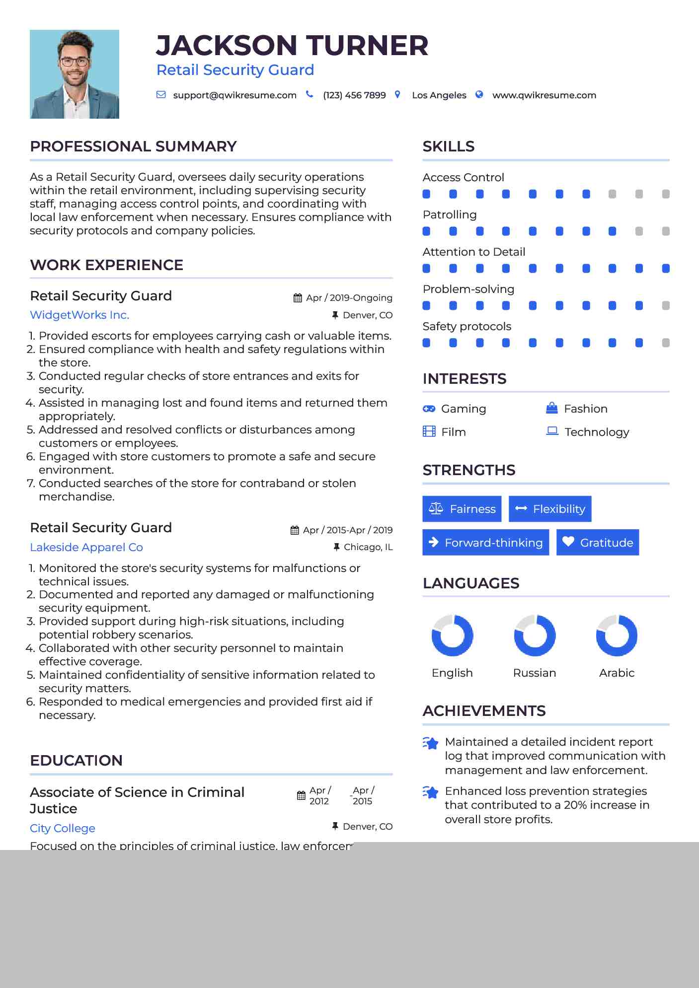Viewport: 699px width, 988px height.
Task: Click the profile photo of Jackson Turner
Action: coord(75,74)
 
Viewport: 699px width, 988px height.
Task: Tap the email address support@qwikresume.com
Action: coord(234,95)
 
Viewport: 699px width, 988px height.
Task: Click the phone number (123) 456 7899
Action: coord(354,95)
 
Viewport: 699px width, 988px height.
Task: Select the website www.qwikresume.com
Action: coord(544,95)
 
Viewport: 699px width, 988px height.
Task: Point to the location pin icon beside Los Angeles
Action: coord(397,94)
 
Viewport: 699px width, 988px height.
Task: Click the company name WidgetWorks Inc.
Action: coord(79,315)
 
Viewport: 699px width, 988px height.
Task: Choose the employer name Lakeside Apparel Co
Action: coord(86,547)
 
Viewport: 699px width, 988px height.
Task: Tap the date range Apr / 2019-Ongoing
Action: coord(349,298)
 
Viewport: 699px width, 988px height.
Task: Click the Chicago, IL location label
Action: coord(368,547)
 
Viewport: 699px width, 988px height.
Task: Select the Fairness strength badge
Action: coord(462,509)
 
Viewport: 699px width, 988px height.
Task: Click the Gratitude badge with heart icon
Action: coord(597,543)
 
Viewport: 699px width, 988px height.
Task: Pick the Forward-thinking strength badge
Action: coord(485,543)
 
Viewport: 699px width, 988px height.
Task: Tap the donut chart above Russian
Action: coord(535,635)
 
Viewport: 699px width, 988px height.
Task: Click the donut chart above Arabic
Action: coord(617,635)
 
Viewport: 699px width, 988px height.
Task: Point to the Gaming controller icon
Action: coord(429,409)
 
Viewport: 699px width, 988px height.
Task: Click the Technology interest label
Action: coord(597,432)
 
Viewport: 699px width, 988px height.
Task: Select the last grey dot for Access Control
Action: coord(666,194)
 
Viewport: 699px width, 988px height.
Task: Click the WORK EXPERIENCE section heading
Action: coord(107,265)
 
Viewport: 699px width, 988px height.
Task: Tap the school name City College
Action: coord(63,828)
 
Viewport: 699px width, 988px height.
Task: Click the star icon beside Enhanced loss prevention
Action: coord(430,792)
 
